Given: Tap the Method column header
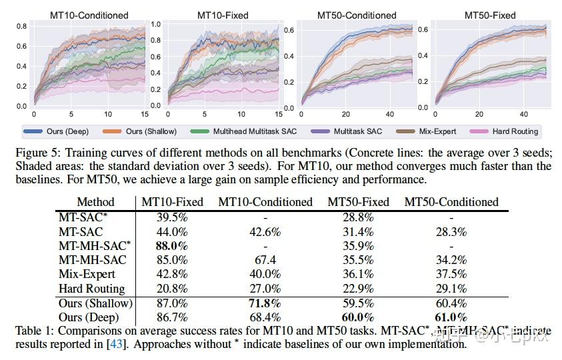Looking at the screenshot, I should point(95,202).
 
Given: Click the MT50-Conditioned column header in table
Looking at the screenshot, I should point(451,202).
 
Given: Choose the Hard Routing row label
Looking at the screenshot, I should point(92,289).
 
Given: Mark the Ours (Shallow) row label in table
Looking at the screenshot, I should point(95,303).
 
